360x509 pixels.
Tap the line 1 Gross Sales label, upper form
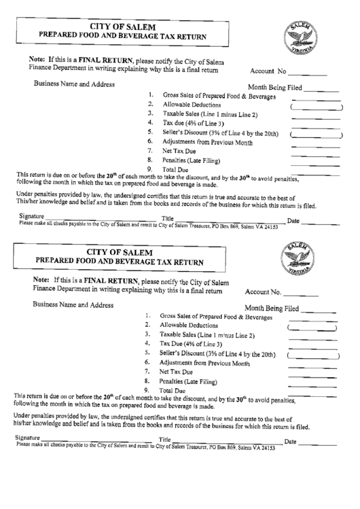(219, 96)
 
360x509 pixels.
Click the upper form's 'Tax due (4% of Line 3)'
(193, 124)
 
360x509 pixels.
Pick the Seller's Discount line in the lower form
(217, 354)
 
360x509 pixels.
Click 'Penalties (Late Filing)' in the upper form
(191, 160)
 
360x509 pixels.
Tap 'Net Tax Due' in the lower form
(177, 372)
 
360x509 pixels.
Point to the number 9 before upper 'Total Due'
(149, 169)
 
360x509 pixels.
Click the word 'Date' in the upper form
(293, 220)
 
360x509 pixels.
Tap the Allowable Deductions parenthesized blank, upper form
(317, 107)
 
